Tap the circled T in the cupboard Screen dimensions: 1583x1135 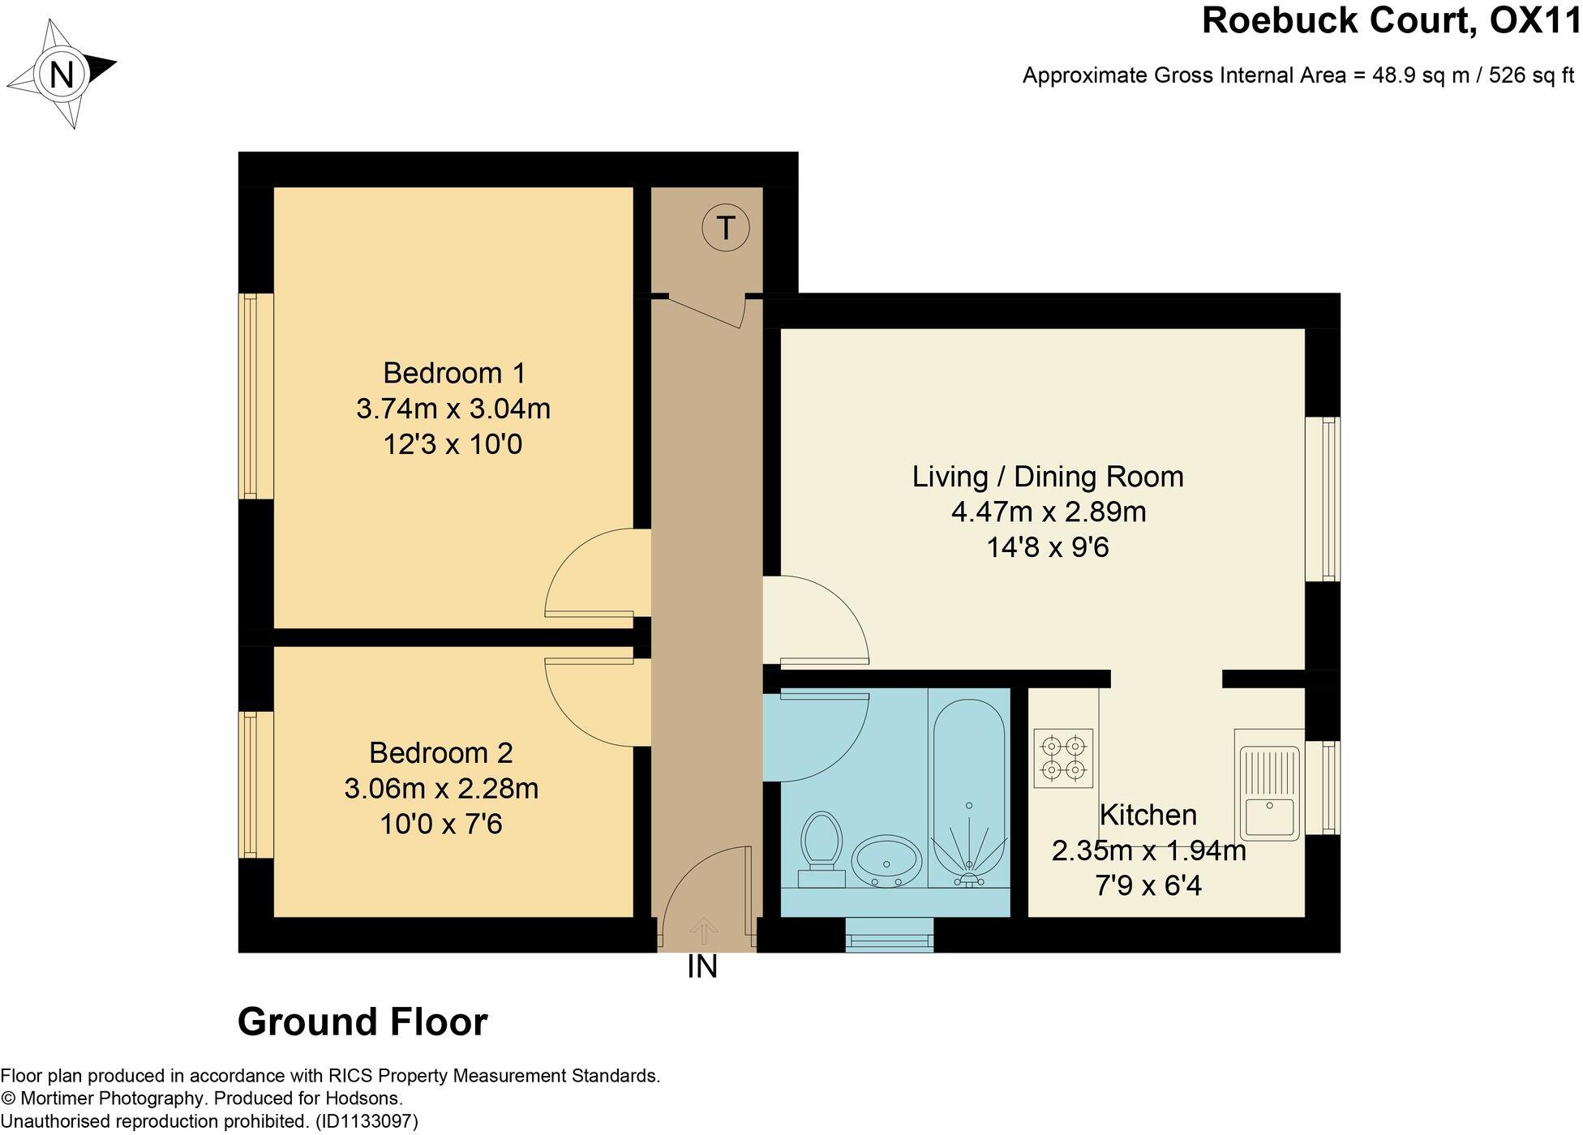tap(725, 228)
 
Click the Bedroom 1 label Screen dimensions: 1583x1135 tap(454, 373)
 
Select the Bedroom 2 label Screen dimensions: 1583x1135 tap(441, 753)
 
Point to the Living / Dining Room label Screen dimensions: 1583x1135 tap(1048, 477)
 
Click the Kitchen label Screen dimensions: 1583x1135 tap(1148, 815)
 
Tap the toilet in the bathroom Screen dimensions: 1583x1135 tap(821, 850)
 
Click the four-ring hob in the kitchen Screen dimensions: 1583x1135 tap(1063, 758)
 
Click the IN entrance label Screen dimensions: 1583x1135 tap(702, 966)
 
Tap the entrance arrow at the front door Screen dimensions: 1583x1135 tap(703, 932)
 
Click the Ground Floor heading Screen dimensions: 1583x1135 tap(363, 1021)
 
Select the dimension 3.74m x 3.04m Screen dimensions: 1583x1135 tap(453, 409)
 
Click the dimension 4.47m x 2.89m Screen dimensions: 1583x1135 tap(1049, 512)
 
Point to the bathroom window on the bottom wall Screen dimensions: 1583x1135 tap(889, 935)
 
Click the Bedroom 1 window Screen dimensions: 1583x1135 tap(255, 396)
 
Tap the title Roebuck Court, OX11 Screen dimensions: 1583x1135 tap(1391, 20)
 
